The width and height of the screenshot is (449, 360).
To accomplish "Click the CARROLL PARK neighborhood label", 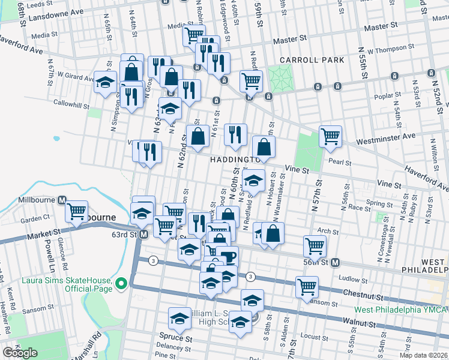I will coord(312,60).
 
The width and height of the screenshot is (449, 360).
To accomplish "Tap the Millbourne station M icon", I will coord(61,200).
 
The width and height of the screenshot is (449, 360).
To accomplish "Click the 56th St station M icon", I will coord(336,262).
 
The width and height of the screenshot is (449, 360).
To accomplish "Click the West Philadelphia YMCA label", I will coord(401,310).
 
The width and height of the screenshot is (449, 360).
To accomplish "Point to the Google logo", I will coord(20,353).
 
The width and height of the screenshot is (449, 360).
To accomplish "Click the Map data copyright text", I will coord(424,355).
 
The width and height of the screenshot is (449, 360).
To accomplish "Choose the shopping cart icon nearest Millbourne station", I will coord(77,211).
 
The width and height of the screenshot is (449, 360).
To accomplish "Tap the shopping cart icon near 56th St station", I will coord(315,244).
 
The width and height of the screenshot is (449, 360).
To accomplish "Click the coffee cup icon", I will coord(228,256).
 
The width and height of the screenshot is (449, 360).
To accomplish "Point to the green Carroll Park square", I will coord(279,76).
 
